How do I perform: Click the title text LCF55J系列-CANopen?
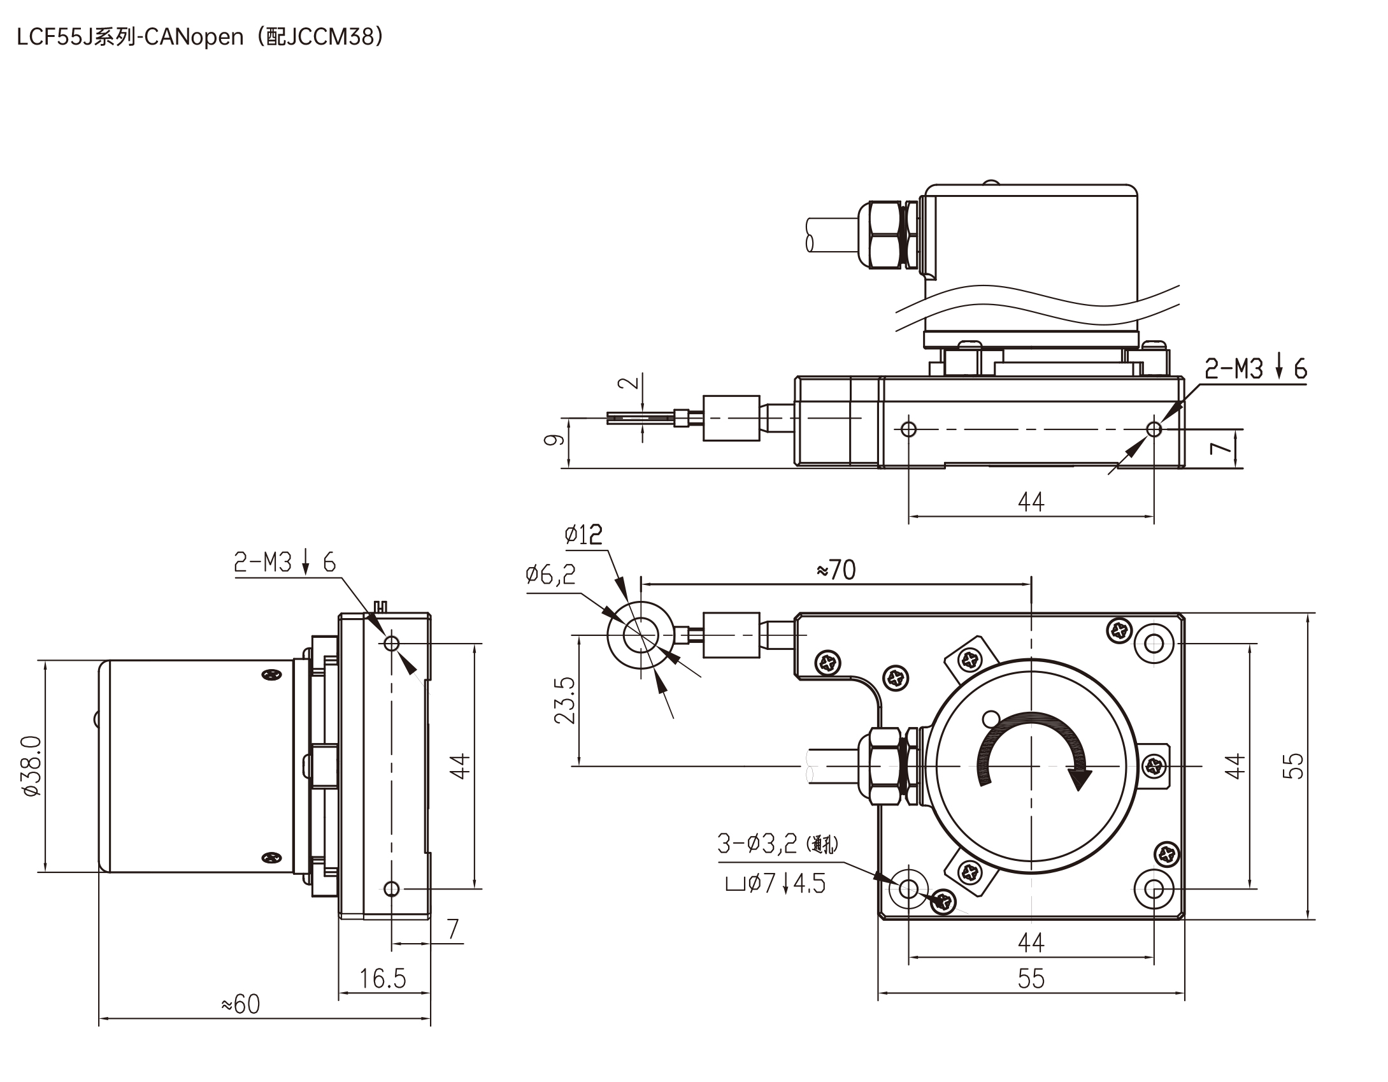click(x=131, y=38)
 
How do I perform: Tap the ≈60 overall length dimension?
click(x=241, y=1004)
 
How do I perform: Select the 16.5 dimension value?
click(x=382, y=978)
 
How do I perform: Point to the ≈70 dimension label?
click(x=836, y=570)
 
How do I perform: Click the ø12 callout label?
click(x=583, y=534)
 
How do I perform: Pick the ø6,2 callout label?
click(x=550, y=574)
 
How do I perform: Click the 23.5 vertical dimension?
click(x=564, y=700)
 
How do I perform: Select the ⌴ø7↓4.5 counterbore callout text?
click(x=775, y=883)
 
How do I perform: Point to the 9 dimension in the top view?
click(x=554, y=439)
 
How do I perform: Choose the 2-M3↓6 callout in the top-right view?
click(x=1255, y=369)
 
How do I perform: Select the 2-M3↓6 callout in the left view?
click(x=284, y=562)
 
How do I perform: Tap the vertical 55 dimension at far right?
click(x=1293, y=766)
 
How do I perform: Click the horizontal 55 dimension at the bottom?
click(x=1031, y=978)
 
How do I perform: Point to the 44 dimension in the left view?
click(x=459, y=765)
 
